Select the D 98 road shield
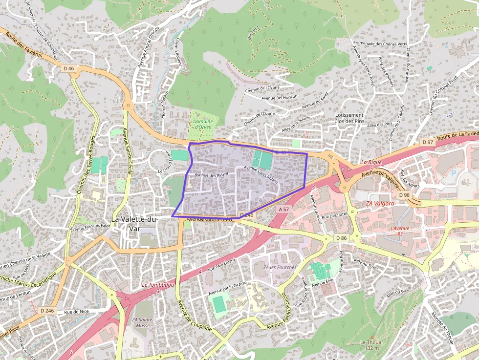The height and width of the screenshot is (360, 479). pos(404,195)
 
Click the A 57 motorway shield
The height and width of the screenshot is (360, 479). pos(284,209)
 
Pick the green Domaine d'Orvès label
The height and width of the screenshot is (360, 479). pos(203,124)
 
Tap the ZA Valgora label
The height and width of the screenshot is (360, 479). pos(379,203)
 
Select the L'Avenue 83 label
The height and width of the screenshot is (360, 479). pos(399,231)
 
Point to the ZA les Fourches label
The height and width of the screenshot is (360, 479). pos(280,267)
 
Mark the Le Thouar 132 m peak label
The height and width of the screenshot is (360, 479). pos(372,345)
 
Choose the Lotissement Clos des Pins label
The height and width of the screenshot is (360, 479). pos(349,118)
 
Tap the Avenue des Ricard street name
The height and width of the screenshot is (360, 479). pos(212,174)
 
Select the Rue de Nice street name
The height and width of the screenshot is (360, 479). pos(76,311)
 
